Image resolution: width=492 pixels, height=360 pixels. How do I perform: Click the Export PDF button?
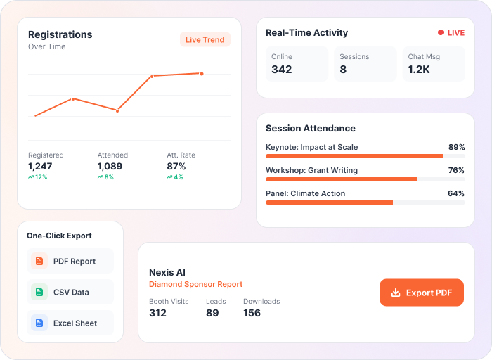tap(422, 292)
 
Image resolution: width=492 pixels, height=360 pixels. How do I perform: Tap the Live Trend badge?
tap(205, 39)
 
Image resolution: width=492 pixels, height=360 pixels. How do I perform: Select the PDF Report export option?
tap(70, 261)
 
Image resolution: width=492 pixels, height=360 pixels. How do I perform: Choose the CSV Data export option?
tap(70, 292)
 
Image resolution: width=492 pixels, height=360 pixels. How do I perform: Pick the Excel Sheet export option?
tap(70, 323)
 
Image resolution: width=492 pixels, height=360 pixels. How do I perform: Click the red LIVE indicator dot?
tap(441, 32)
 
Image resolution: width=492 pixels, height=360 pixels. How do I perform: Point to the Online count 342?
tap(281, 70)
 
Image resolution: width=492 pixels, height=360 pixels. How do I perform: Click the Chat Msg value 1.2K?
tap(419, 70)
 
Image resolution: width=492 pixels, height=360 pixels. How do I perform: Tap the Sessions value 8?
tap(343, 70)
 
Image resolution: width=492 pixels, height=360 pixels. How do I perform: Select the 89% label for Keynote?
tap(457, 147)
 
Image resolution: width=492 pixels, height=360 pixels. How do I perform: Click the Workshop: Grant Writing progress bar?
tap(365, 179)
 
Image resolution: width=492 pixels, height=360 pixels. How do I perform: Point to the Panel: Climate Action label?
tap(305, 193)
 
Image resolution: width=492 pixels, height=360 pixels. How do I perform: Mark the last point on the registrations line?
tap(202, 74)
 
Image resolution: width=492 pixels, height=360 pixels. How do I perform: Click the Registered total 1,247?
tap(40, 166)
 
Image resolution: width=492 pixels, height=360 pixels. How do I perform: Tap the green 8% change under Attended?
tap(105, 177)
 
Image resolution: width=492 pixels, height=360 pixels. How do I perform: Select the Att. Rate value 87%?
tap(176, 166)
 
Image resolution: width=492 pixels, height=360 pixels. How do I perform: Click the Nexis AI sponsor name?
tap(167, 272)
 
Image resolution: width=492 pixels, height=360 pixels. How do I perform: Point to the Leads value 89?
tap(212, 313)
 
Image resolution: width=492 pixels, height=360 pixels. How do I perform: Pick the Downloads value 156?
tap(252, 313)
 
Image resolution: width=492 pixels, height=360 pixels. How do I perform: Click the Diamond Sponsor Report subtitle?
tap(196, 284)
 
